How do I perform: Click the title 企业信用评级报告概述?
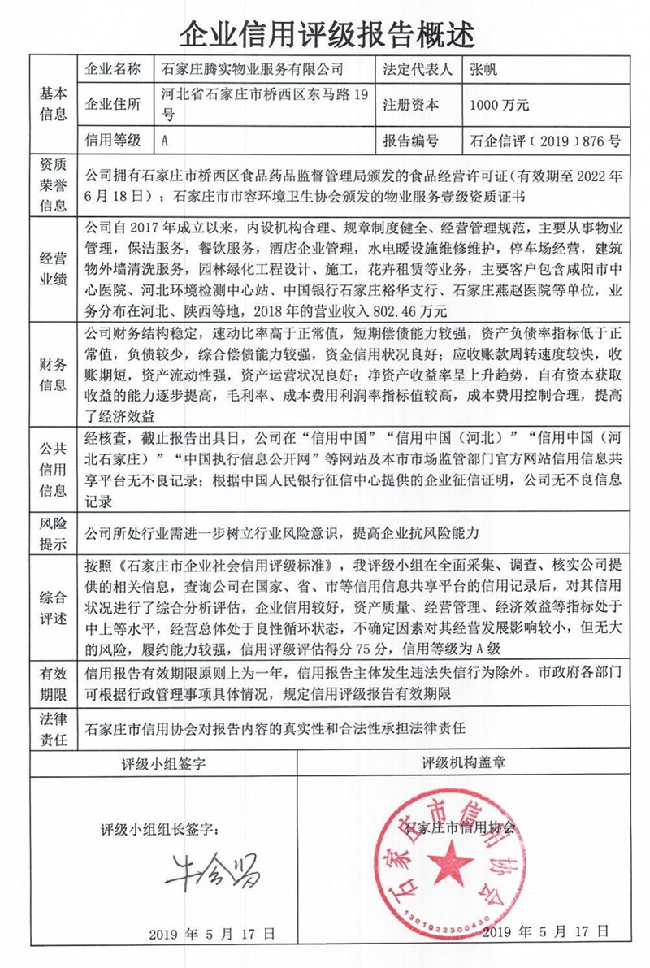pyautogui.click(x=325, y=33)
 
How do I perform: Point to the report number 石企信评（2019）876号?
pyautogui.click(x=545, y=140)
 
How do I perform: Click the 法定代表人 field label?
pyautogui.click(x=417, y=69)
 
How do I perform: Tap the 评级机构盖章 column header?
pyautogui.click(x=463, y=764)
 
